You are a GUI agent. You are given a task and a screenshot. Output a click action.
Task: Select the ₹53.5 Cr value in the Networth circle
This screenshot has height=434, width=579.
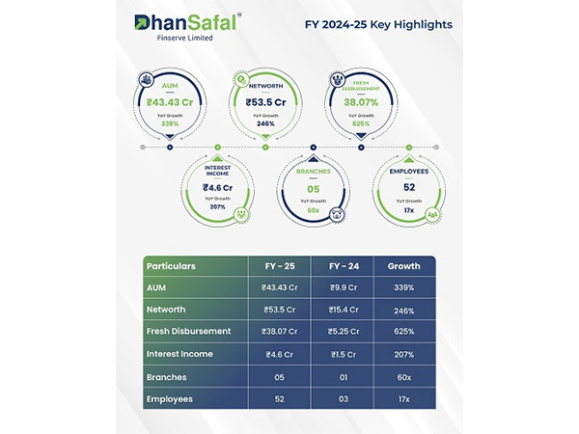264,101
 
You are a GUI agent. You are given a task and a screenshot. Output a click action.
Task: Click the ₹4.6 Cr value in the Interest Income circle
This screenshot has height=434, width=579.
218,189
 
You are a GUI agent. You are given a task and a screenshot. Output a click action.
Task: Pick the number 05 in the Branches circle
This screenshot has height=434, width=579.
313,190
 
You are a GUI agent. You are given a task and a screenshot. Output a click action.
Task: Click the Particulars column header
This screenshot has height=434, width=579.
171,266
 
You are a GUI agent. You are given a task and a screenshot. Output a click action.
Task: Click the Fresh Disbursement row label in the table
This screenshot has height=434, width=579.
188,331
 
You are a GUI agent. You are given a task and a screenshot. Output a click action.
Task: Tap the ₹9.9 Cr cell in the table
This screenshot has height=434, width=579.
344,287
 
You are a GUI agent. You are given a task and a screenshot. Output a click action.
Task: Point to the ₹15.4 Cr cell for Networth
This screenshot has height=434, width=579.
344,309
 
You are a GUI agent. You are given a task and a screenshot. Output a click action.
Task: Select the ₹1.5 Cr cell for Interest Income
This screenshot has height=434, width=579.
344,353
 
